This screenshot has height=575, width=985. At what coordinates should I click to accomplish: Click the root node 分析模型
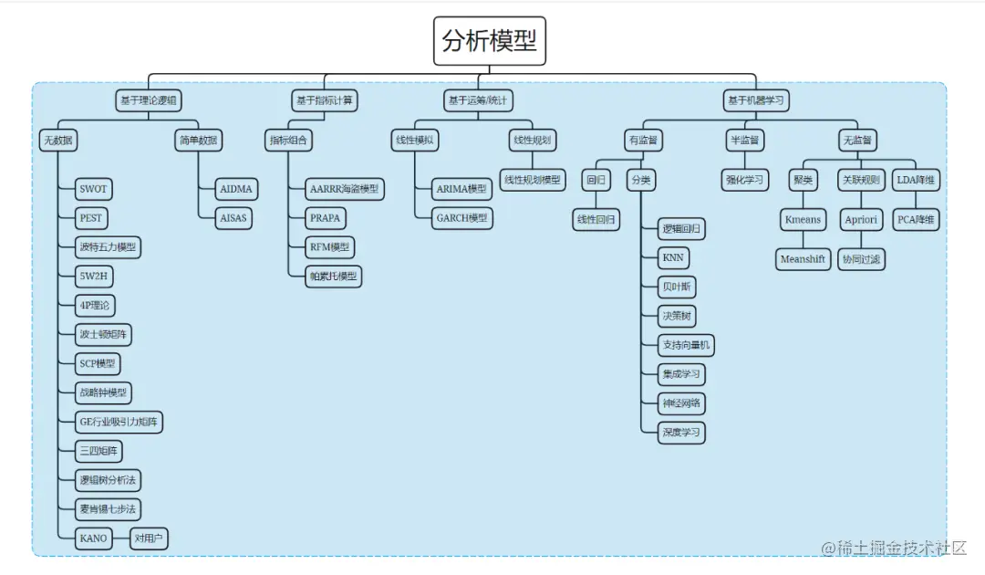click(x=490, y=41)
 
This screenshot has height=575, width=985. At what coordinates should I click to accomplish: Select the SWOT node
click(x=93, y=190)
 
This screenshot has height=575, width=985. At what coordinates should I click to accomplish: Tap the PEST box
click(x=91, y=218)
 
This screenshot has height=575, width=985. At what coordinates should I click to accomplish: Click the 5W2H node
click(x=96, y=276)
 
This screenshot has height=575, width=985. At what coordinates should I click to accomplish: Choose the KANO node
click(x=93, y=538)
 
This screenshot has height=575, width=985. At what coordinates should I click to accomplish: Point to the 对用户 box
click(x=149, y=538)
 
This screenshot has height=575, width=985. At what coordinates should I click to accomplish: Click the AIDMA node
click(x=237, y=190)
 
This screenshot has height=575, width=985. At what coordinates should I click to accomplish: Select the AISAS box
click(x=235, y=218)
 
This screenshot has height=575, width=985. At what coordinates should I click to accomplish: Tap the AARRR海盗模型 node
click(x=343, y=190)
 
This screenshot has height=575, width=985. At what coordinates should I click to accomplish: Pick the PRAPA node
click(x=327, y=218)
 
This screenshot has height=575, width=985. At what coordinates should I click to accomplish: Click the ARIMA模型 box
click(x=461, y=190)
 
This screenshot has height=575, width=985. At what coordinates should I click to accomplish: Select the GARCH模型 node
click(x=461, y=218)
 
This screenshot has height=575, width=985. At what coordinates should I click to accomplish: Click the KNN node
click(x=672, y=258)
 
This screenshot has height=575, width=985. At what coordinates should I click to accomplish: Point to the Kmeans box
click(x=803, y=220)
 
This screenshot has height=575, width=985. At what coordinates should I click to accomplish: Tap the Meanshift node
click(x=803, y=259)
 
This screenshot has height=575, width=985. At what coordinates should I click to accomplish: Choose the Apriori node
click(x=861, y=220)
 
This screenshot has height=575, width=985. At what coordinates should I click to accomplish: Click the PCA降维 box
click(x=917, y=220)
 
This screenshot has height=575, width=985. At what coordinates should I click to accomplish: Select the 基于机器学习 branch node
click(x=755, y=100)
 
